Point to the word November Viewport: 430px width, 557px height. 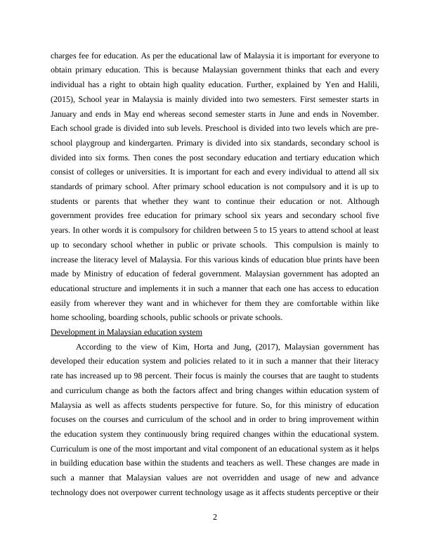[x=360, y=113]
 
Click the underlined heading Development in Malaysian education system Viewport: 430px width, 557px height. [x=126, y=332]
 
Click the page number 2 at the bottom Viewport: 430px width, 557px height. [x=215, y=518]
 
